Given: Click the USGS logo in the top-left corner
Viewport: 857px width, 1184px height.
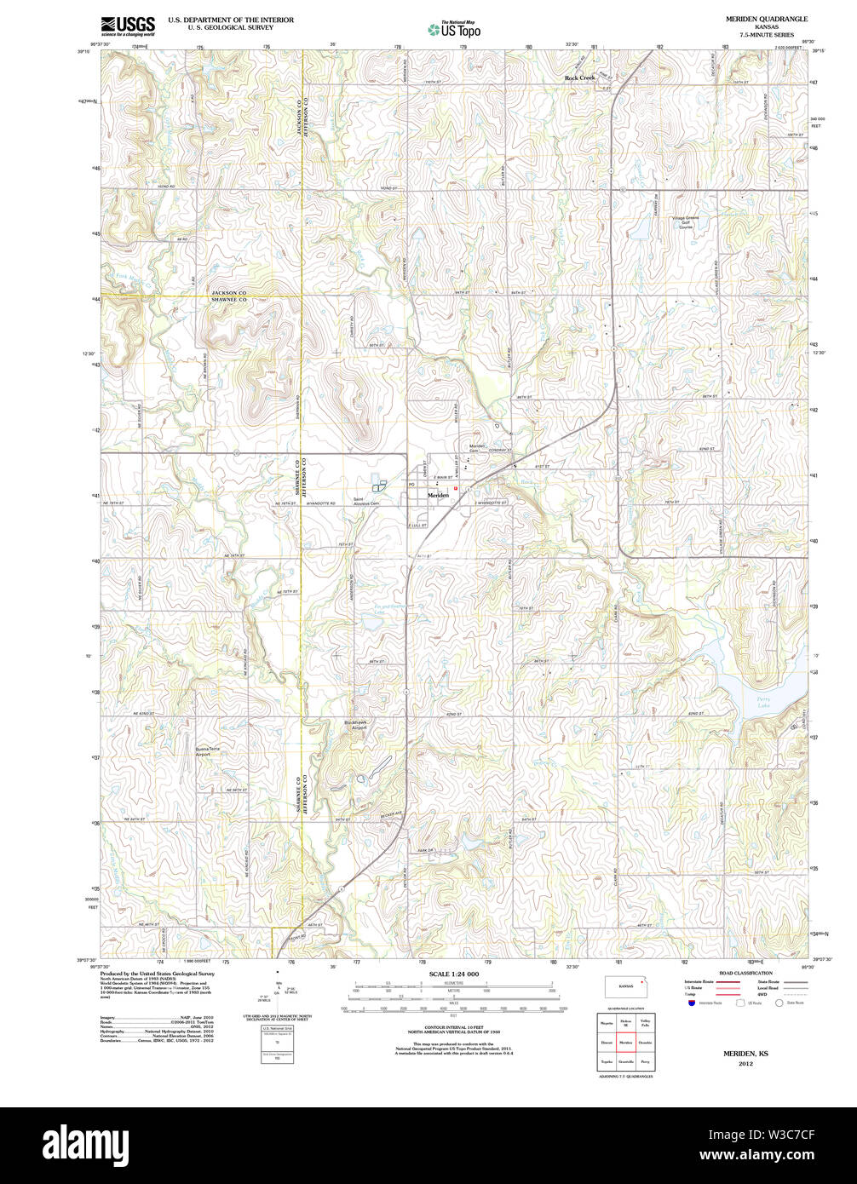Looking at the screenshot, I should coord(128,26).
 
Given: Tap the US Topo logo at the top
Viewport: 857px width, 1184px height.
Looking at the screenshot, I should coord(454,29).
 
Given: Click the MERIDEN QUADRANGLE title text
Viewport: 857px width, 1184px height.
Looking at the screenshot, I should coord(767,19).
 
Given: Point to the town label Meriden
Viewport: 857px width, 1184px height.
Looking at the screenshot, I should coord(438,495).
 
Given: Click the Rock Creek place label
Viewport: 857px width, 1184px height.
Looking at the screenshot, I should coord(581,78).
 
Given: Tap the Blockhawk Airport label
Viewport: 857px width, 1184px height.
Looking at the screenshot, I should coord(355,725).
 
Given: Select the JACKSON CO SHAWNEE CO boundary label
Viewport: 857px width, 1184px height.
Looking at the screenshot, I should coord(229,296).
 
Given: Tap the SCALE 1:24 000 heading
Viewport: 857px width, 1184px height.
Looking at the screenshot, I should coord(454,974).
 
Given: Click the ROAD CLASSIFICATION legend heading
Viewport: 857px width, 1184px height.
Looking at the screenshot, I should coord(745,973).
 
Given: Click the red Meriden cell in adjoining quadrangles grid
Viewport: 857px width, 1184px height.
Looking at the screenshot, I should coord(626,1041).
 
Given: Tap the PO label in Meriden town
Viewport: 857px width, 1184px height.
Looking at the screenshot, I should coord(411,485).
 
